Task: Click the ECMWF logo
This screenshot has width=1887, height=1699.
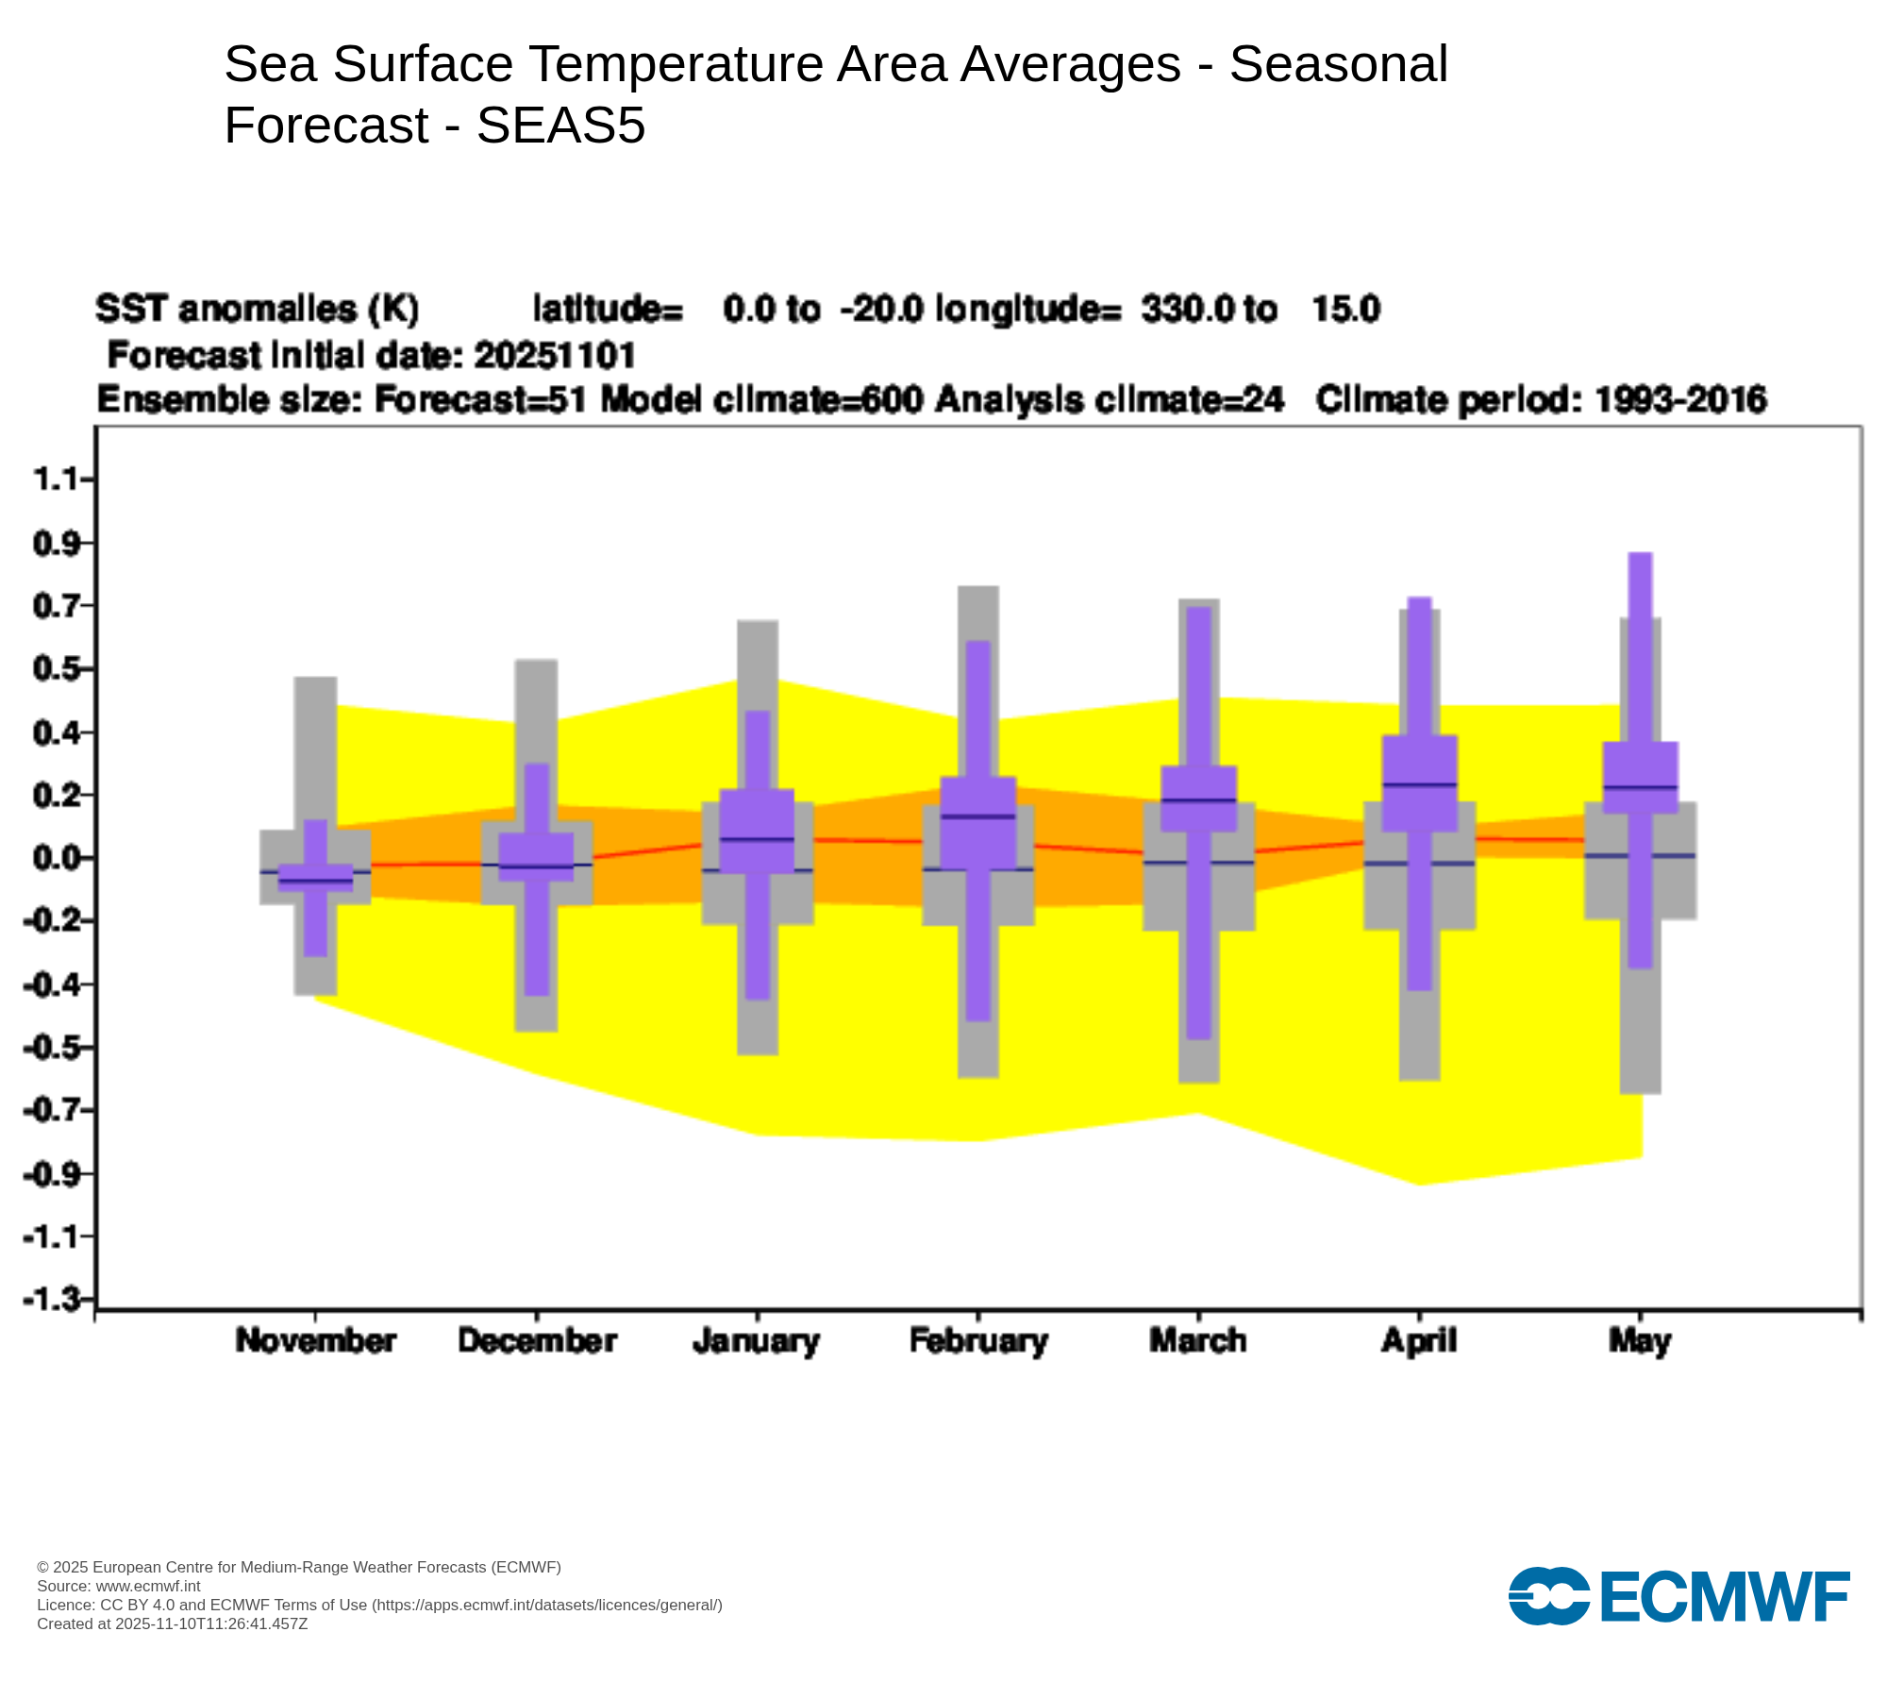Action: pos(1678,1596)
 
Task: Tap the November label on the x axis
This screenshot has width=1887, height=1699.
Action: pos(316,1341)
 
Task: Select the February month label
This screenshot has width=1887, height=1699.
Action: pos(978,1341)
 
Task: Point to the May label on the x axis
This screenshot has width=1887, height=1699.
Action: pos(1640,1341)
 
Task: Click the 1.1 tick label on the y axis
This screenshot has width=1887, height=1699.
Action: pos(56,480)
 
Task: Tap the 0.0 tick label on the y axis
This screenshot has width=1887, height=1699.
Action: pos(56,858)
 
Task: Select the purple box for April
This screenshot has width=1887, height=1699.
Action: pos(1420,783)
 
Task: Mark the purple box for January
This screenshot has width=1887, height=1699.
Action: pos(757,831)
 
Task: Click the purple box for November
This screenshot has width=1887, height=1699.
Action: pos(315,878)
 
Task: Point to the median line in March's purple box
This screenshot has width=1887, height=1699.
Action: pos(1199,800)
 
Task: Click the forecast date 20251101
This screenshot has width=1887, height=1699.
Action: pos(555,356)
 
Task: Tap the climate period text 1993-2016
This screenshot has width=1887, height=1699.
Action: pos(1680,400)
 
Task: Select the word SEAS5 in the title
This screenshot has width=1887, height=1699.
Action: pos(560,126)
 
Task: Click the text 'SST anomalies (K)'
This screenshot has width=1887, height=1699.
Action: pos(258,310)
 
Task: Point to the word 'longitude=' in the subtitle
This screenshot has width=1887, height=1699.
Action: pos(1028,310)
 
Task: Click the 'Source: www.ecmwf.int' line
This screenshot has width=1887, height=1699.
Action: pos(119,1586)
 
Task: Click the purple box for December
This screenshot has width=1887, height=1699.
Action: pos(536,857)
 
